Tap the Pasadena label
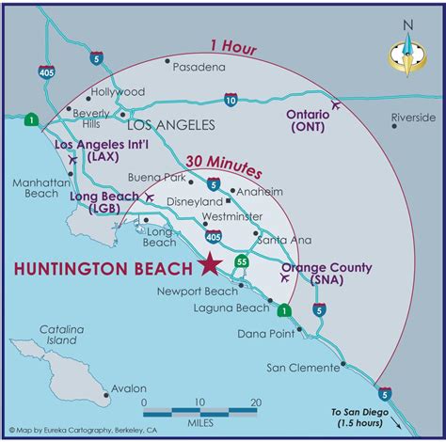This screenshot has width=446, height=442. (x=199, y=68)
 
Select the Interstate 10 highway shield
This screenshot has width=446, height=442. (x=231, y=99)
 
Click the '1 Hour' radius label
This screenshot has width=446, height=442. (x=232, y=43)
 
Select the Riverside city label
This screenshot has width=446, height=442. (x=414, y=118)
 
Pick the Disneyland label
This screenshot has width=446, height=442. (x=192, y=200)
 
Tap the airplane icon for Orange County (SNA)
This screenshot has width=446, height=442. (x=285, y=277)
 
